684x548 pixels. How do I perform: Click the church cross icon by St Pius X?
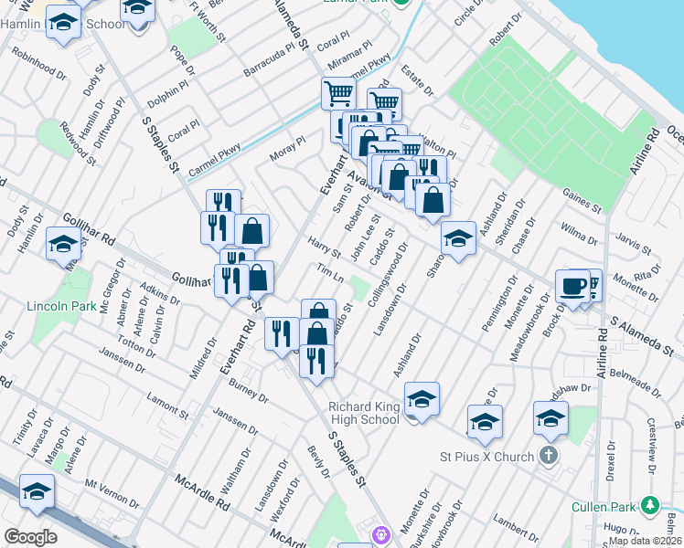(549, 455)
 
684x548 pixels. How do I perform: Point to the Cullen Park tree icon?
(650, 505)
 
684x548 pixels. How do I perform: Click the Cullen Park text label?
(604, 507)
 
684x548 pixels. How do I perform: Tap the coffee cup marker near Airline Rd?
(572, 286)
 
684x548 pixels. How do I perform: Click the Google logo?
(30, 536)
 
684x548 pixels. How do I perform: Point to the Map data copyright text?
(645, 540)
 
